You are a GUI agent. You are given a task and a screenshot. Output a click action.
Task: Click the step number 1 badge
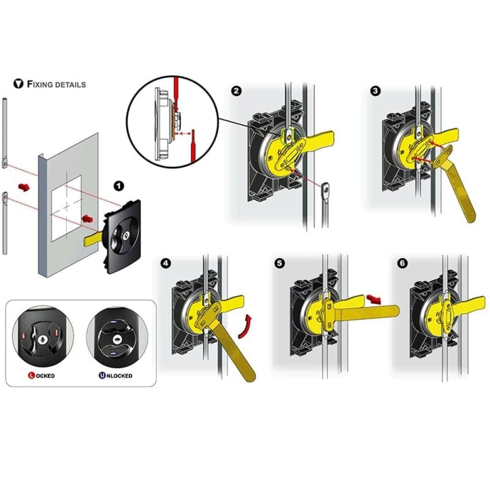[x=118, y=187]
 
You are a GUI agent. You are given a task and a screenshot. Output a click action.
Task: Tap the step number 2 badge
[x=236, y=91]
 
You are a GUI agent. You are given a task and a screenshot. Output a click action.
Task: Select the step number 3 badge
[x=375, y=90]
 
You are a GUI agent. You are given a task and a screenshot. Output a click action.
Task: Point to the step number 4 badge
[x=166, y=264]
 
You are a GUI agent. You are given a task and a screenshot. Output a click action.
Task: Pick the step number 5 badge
[x=280, y=263]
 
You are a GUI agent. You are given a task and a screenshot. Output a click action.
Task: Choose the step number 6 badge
[x=402, y=264]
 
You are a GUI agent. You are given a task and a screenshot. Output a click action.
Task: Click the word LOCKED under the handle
[x=41, y=375]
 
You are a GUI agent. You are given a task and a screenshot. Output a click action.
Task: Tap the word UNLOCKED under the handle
[x=115, y=375]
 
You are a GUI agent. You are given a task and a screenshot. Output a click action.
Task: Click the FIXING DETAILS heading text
[x=56, y=84]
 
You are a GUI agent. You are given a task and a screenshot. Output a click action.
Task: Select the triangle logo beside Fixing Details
[x=19, y=84]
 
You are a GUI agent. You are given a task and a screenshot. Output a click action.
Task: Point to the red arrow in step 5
[x=373, y=298]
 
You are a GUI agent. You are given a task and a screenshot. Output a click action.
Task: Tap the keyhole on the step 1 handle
[x=127, y=235]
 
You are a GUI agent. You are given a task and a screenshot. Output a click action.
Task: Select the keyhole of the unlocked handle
[x=117, y=339]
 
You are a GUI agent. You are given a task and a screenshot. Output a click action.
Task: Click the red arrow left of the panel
[x=24, y=187]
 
